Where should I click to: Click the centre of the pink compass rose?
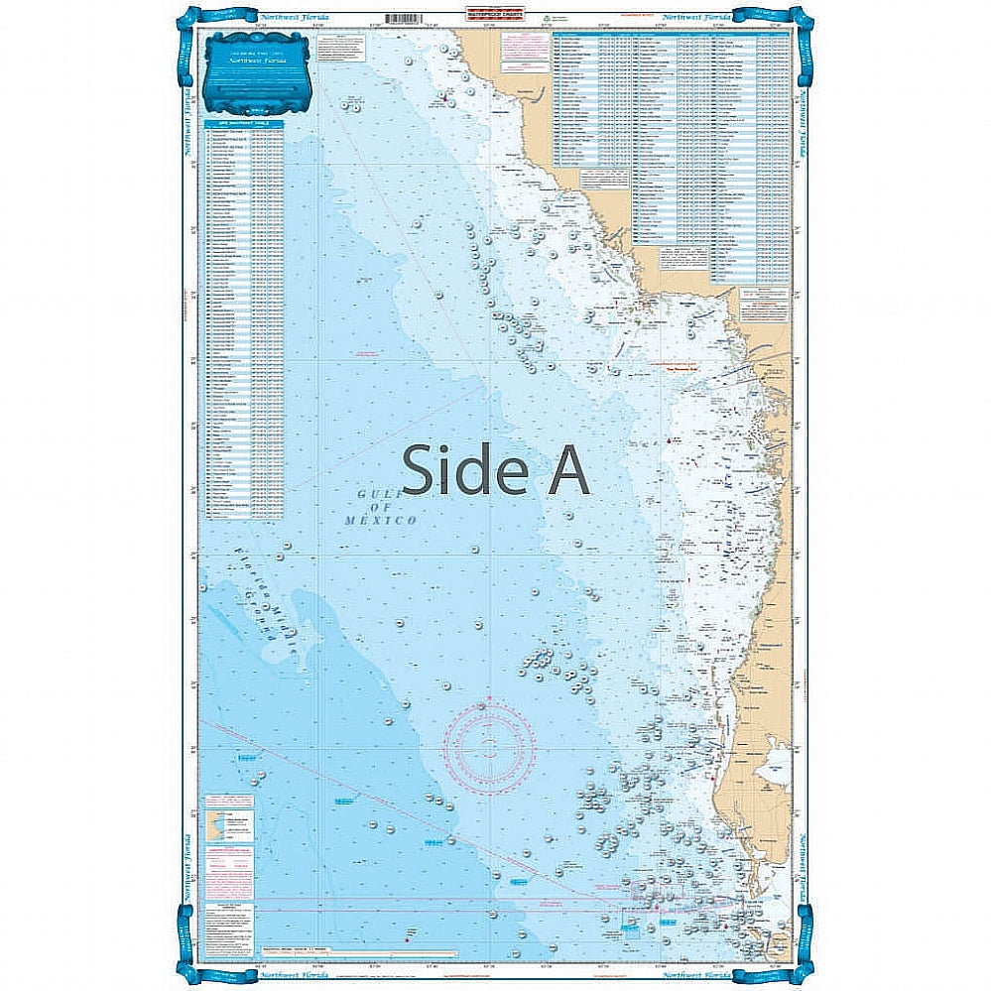click(489, 747)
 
